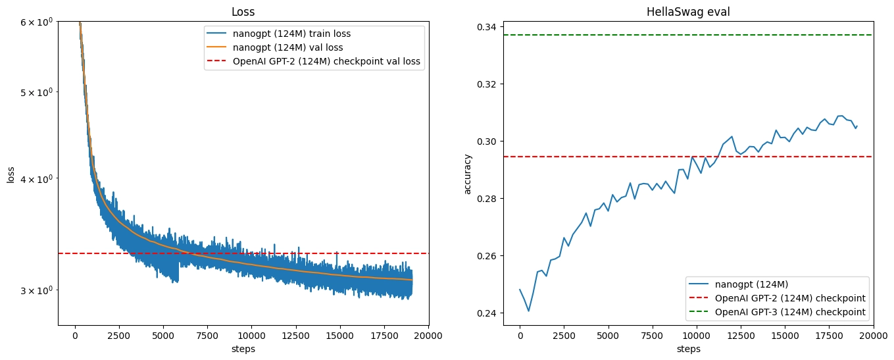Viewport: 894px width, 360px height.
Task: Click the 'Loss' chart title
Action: pos(243,12)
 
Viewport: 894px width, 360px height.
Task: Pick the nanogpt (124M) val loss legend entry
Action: pos(282,47)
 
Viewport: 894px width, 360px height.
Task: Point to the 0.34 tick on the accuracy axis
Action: pos(489,27)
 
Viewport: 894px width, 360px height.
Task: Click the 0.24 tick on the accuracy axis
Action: pos(489,313)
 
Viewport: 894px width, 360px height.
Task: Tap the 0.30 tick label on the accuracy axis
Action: pos(489,141)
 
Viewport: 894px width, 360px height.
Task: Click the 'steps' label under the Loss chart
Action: pos(243,349)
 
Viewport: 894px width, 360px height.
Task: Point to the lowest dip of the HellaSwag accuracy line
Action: pos(528,311)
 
